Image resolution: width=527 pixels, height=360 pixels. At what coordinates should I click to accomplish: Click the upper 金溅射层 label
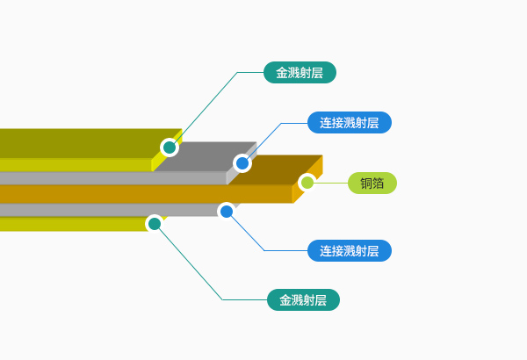[x=300, y=73]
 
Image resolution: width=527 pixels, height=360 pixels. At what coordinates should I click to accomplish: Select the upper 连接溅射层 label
[x=349, y=123]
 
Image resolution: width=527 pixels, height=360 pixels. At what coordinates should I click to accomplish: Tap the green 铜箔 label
[x=372, y=183]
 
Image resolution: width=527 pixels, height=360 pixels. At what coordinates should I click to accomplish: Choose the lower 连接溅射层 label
[x=349, y=251]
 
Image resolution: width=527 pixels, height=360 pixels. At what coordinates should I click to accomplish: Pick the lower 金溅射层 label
[x=303, y=300]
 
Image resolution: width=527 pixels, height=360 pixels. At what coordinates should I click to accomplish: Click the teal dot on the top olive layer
[x=170, y=148]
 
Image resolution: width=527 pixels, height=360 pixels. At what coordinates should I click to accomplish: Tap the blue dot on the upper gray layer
[x=242, y=163]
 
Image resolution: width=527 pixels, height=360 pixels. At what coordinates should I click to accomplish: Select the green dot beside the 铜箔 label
[x=307, y=183]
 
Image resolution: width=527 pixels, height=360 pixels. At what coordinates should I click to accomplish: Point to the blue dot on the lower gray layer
[x=227, y=211]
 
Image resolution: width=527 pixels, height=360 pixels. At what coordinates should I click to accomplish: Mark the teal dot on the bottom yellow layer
[x=155, y=224]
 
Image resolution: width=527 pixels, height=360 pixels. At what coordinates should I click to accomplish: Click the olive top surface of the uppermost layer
[x=70, y=142]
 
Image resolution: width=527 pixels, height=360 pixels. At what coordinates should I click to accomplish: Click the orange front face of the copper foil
[x=132, y=194]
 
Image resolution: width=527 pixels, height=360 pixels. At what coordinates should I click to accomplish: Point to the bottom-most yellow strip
[x=70, y=224]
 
